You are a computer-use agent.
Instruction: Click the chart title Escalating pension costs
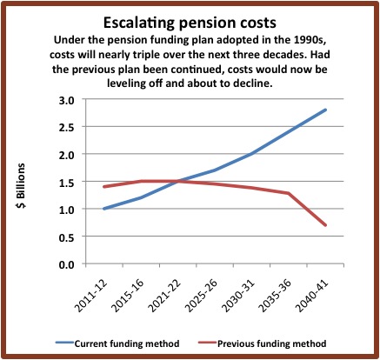pos(190,23)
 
